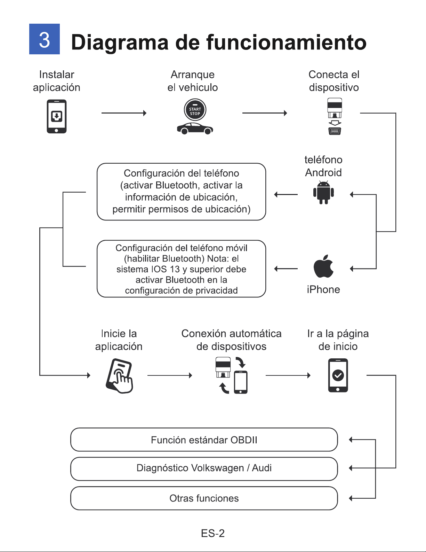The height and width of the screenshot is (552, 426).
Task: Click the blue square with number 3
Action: coord(45,39)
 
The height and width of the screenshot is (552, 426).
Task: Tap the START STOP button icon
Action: coord(195,110)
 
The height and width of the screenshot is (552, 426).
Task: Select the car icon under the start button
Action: coord(195,129)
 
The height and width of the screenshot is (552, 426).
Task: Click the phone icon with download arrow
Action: coord(57,116)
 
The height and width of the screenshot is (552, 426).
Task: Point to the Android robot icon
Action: coord(323,192)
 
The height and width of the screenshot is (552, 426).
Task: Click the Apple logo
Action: coord(323,266)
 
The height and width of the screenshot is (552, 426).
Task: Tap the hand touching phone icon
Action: coord(119,376)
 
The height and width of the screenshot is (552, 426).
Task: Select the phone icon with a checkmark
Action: coord(338,375)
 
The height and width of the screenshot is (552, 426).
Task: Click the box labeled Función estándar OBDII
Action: coord(204,440)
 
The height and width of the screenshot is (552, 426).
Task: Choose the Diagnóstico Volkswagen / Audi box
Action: coord(204,468)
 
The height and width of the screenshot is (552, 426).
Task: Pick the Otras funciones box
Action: coord(204,498)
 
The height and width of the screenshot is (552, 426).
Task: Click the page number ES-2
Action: coord(213,533)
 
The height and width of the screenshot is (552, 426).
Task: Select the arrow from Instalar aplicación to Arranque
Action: coord(124,113)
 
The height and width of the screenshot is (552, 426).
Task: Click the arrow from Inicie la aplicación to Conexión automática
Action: coord(170,375)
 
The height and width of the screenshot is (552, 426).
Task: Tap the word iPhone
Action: coord(323,290)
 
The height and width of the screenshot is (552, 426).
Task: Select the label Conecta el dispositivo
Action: coord(334,81)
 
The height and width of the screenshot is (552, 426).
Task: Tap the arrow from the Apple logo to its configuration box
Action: coord(286,269)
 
